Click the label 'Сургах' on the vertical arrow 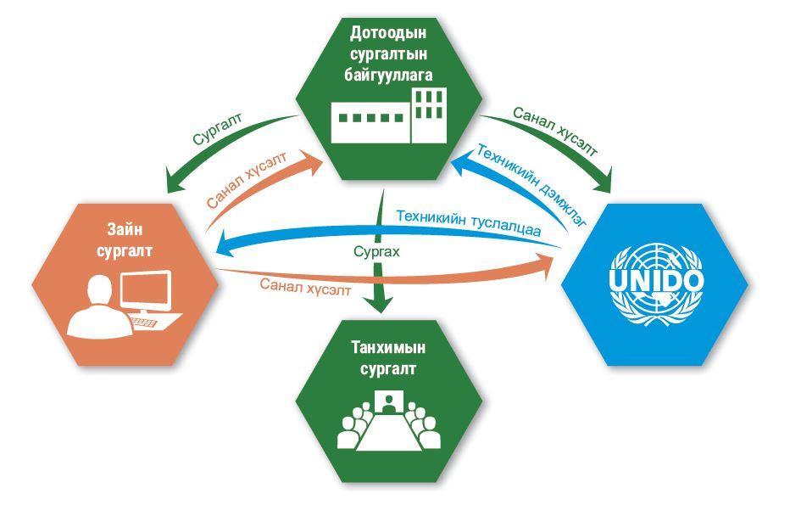(376, 252)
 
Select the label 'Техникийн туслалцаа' (469, 223)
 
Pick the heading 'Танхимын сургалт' (389, 359)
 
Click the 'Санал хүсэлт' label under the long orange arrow (305, 289)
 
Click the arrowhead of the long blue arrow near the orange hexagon (222, 245)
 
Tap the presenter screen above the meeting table (389, 400)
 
